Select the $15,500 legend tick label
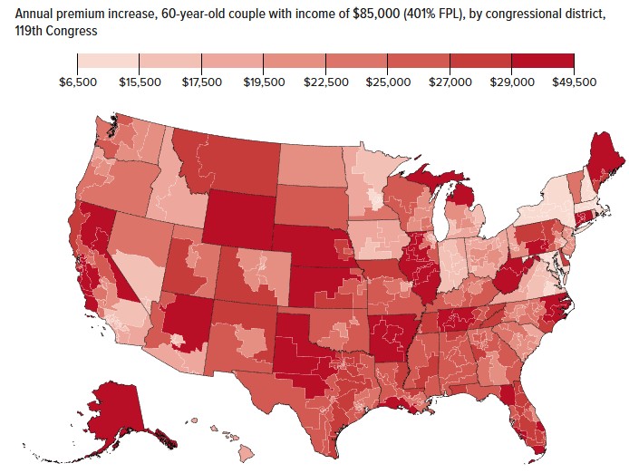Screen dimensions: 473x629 140,82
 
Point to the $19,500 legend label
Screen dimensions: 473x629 264,82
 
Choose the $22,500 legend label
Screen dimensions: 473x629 325,82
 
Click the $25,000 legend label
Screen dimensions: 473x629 388,82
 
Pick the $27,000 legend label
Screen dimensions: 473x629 450,82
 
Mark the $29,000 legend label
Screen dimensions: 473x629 512,82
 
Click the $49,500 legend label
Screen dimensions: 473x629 574,82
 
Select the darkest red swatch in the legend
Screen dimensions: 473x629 543,61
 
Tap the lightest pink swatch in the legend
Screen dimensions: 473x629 109,61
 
